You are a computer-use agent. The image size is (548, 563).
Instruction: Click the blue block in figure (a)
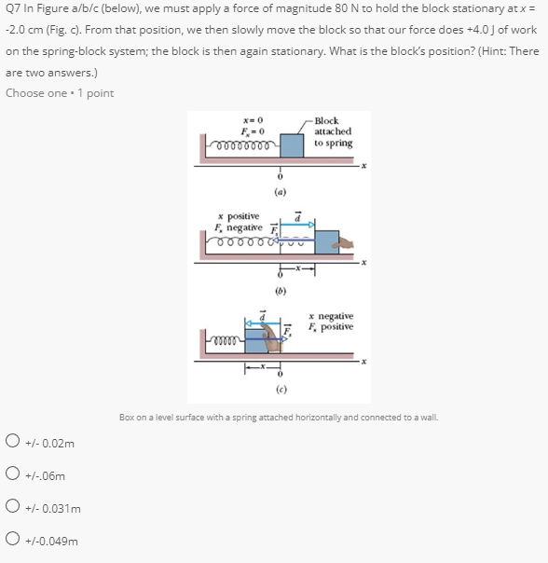(x=292, y=145)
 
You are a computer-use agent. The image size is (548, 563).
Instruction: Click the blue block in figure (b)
(x=325, y=242)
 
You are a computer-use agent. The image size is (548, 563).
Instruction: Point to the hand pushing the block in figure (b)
(x=346, y=243)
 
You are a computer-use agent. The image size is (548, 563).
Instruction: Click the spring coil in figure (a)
(x=244, y=146)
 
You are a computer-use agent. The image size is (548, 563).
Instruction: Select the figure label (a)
(x=280, y=193)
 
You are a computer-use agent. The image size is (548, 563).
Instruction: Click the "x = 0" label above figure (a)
(x=253, y=121)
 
